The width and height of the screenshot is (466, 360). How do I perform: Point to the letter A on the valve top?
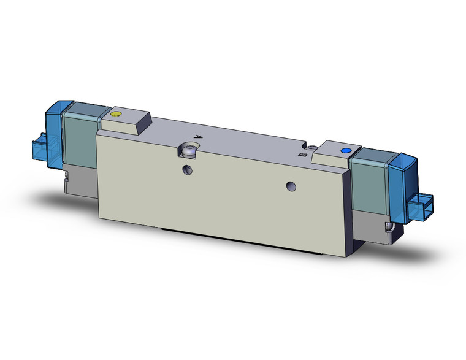(197, 138)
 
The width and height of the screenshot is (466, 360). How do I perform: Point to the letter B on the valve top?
(302, 156)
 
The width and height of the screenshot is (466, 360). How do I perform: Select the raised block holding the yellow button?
(126, 121)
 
